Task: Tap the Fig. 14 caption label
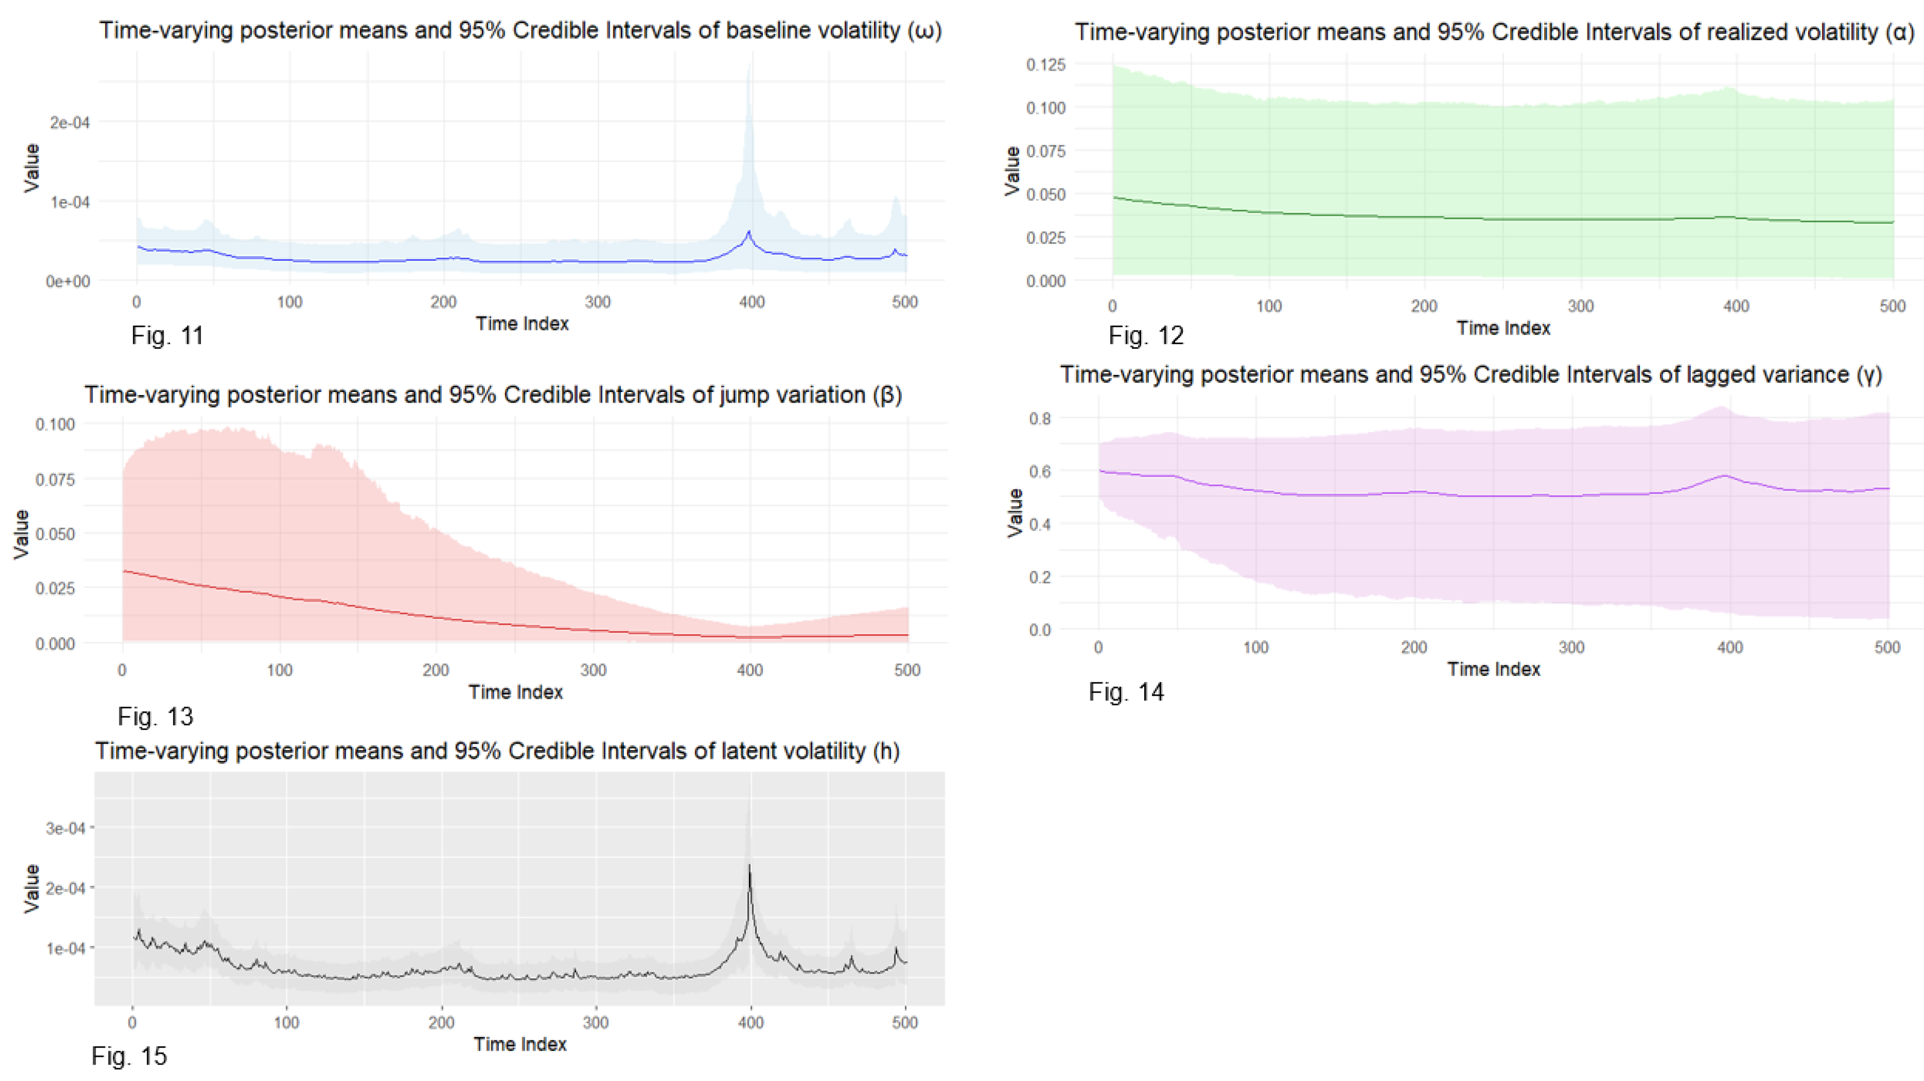tap(1126, 692)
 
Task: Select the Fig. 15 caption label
tap(129, 1055)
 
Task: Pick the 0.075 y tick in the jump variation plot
tap(55, 480)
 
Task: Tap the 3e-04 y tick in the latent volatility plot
tap(66, 828)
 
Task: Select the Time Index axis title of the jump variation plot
tap(515, 692)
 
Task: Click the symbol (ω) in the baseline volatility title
tap(925, 31)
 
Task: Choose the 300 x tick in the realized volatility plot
tap(1581, 306)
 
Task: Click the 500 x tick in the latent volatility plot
tap(905, 1022)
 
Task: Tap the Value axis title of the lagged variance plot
tap(1014, 512)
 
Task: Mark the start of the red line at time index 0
tap(123, 571)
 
